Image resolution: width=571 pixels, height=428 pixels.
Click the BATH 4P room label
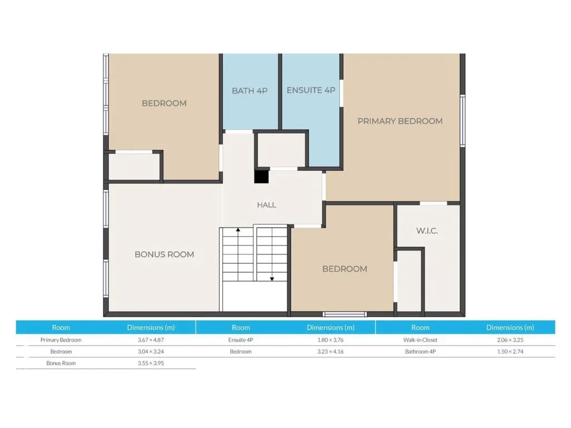pyautogui.click(x=250, y=91)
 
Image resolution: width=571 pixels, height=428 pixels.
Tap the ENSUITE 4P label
pyautogui.click(x=311, y=90)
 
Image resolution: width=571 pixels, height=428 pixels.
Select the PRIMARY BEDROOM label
pyautogui.click(x=400, y=121)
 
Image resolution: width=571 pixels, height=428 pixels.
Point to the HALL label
pyautogui.click(x=267, y=205)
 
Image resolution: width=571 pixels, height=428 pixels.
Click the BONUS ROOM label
pyautogui.click(x=164, y=254)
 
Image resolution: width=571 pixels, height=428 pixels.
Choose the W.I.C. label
pyautogui.click(x=427, y=231)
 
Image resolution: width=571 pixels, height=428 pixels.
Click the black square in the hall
pyautogui.click(x=261, y=176)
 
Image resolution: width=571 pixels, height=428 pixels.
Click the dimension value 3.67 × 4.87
pyautogui.click(x=151, y=340)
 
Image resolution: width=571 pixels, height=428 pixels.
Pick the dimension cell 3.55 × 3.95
pyautogui.click(x=151, y=363)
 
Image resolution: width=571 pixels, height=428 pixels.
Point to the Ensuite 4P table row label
pyautogui.click(x=241, y=340)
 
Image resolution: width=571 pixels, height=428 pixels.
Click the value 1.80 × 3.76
pyautogui.click(x=330, y=340)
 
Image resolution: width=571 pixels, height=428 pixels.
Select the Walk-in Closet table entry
pyautogui.click(x=420, y=340)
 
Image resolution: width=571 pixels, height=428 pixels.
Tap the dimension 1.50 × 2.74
pyautogui.click(x=510, y=352)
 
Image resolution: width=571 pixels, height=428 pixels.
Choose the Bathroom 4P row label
pyautogui.click(x=420, y=352)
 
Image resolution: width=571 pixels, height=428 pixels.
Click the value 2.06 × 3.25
pyautogui.click(x=510, y=340)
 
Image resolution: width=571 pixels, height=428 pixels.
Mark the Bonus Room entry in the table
pyautogui.click(x=61, y=363)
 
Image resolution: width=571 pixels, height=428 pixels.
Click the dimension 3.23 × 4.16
pyautogui.click(x=330, y=352)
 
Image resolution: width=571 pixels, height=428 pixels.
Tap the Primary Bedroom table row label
pyautogui.click(x=61, y=340)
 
